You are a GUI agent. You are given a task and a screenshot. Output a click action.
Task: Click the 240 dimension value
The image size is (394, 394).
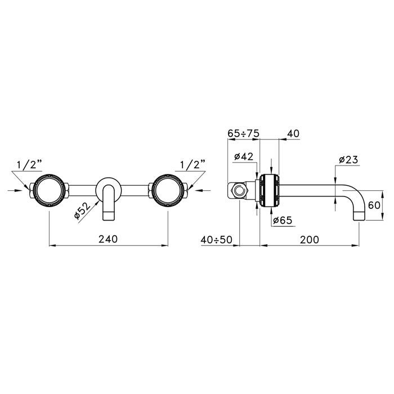(x=108, y=239)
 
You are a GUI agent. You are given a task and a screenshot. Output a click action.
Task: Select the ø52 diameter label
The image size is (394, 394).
(x=82, y=211)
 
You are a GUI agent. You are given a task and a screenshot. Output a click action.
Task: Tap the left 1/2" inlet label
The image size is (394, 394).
(x=29, y=165)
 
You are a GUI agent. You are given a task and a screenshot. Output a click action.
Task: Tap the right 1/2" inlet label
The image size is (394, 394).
(x=192, y=164)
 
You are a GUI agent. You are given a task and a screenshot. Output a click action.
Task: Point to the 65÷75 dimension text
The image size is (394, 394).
(x=243, y=133)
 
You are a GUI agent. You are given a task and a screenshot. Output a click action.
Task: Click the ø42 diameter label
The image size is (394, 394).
(x=244, y=156)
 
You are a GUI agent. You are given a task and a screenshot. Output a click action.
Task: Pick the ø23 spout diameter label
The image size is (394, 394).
(x=348, y=159)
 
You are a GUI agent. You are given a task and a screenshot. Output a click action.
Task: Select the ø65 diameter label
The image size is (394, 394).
(x=283, y=221)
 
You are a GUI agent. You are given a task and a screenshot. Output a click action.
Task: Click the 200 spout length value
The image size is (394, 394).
(x=310, y=239)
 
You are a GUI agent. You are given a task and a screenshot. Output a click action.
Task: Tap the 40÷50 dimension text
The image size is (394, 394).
(x=216, y=240)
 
